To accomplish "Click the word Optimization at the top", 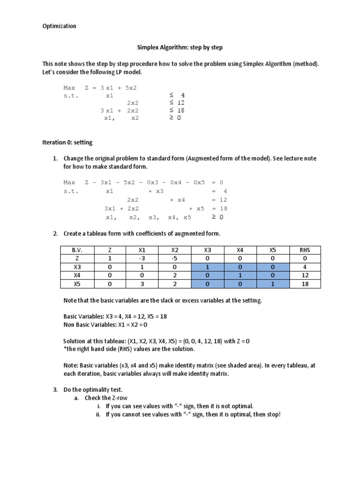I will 59,26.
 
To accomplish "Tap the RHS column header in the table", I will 305,250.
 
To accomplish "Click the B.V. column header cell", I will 77,250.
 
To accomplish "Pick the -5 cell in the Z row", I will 175,258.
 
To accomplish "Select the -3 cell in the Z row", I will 142,258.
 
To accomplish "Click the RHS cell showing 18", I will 305,284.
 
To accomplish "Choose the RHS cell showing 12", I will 305,275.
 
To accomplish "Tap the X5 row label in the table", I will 77,284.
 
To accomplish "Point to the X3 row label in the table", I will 77,267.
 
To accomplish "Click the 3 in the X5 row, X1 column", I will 142,284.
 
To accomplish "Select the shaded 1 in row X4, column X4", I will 240,275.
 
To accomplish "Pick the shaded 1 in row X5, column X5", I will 272,284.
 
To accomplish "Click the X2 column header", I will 175,250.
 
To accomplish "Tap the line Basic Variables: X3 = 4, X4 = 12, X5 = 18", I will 115,316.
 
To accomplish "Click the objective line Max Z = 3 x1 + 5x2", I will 100,88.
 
